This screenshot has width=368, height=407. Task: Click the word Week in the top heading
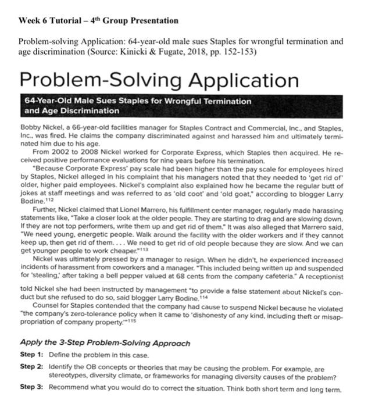30,21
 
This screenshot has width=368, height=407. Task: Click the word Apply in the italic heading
32,341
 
